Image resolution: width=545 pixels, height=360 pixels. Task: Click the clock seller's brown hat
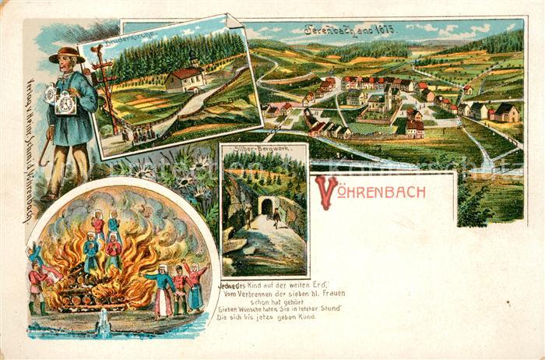(x=67, y=55)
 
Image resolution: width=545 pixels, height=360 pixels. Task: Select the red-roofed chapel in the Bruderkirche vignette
(x=185, y=78)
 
